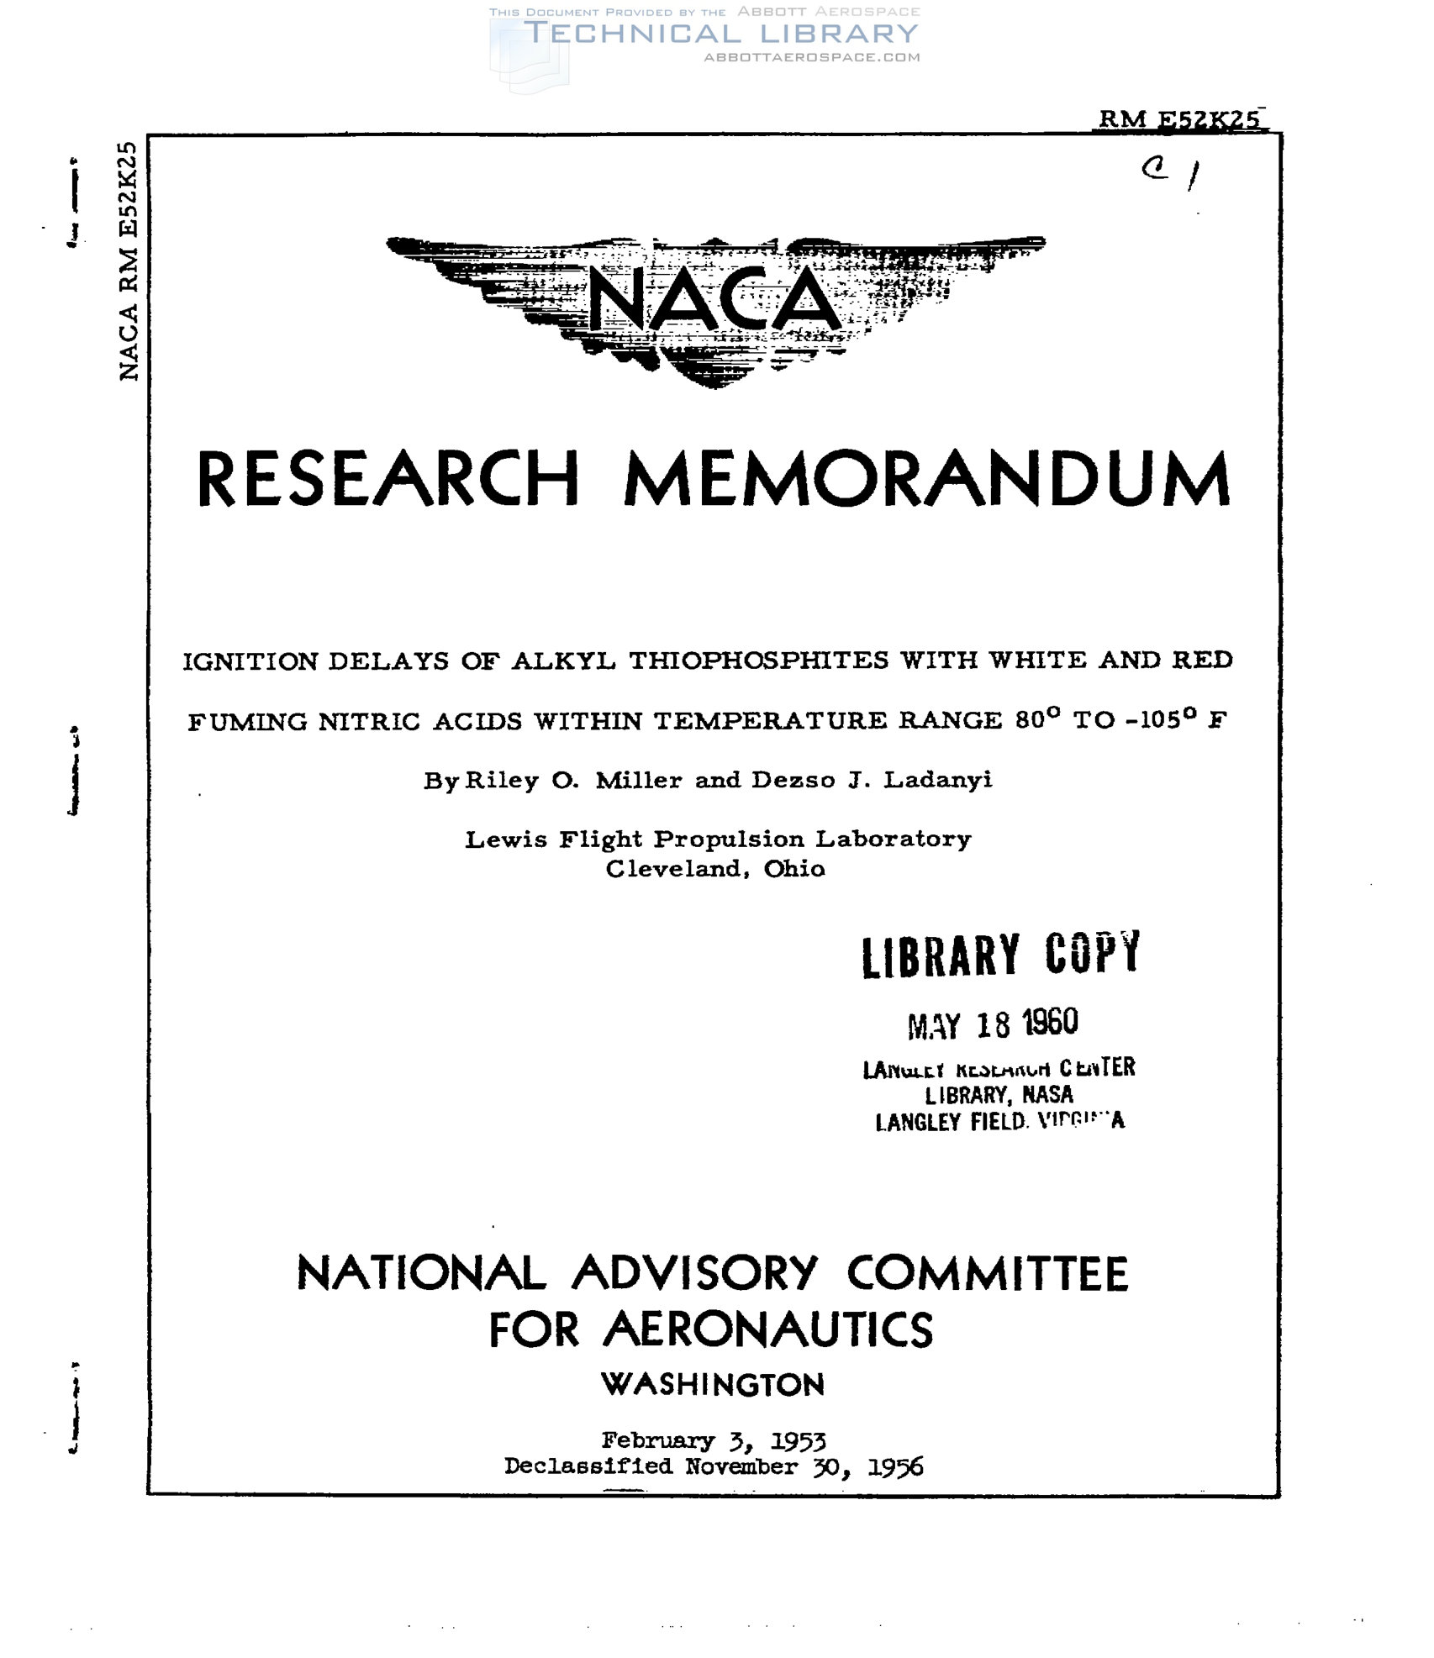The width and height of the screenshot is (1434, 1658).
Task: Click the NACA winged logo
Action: (714, 307)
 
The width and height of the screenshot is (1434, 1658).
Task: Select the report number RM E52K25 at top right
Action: (1178, 119)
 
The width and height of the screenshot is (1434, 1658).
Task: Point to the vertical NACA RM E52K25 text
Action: (128, 261)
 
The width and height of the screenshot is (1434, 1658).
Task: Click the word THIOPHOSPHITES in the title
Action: (758, 661)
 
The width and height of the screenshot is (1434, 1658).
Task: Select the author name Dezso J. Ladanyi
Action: (872, 781)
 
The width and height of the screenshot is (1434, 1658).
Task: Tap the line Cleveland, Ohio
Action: (715, 869)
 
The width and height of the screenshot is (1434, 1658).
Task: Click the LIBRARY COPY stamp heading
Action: (1000, 955)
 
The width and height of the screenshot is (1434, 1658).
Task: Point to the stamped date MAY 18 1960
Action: (992, 1024)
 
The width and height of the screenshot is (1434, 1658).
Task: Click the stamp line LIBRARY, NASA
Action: (999, 1095)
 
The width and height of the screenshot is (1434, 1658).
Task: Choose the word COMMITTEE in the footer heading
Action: (987, 1274)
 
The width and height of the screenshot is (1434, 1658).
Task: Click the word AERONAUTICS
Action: (767, 1331)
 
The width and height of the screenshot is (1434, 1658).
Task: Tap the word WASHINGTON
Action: (713, 1385)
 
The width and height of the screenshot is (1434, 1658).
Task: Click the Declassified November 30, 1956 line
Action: (714, 1467)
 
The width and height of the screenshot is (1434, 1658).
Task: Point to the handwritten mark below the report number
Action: (1171, 172)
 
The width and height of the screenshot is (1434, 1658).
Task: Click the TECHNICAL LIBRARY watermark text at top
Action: (721, 34)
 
